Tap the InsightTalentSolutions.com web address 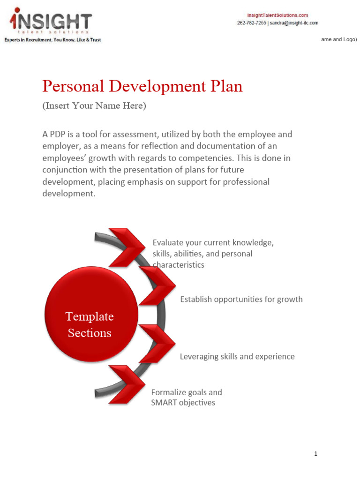click(x=277, y=15)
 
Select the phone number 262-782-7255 click(x=251, y=22)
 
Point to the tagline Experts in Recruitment click(x=52, y=40)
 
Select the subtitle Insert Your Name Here click(x=94, y=106)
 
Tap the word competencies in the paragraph click(x=232, y=158)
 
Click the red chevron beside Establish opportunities click(x=157, y=285)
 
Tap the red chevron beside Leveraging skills click(x=157, y=344)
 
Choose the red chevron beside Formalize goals click(x=126, y=384)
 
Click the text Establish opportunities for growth click(x=241, y=299)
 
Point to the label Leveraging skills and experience click(x=237, y=357)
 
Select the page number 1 click(x=316, y=454)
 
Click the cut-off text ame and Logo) click(x=339, y=40)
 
